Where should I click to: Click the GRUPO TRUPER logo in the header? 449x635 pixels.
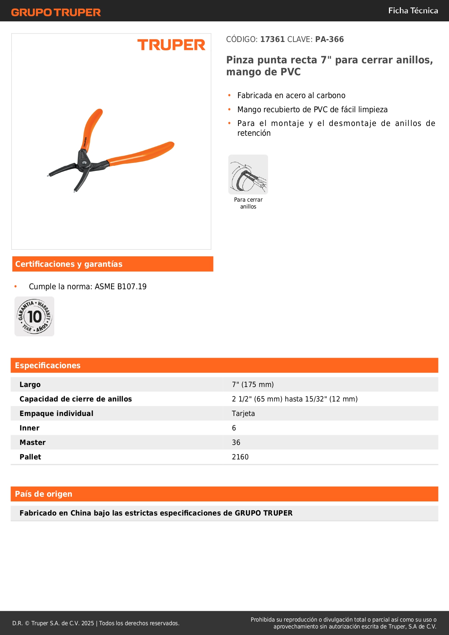tap(56, 12)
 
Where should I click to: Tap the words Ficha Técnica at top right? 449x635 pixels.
tap(413, 11)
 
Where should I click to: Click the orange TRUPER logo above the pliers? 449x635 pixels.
tap(171, 45)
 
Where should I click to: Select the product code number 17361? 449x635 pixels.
tap(272, 39)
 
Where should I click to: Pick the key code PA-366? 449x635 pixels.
tap(329, 39)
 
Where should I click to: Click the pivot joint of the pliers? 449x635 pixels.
tap(84, 163)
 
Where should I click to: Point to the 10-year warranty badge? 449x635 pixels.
tap(34, 316)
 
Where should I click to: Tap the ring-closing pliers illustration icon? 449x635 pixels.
tap(248, 174)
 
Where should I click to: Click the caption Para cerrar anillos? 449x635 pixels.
tap(248, 203)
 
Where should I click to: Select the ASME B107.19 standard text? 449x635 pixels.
tap(120, 287)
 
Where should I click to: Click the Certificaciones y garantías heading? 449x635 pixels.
tap(69, 264)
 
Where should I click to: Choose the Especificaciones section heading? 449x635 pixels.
tap(48, 366)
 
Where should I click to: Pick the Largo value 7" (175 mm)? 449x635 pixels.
tap(253, 384)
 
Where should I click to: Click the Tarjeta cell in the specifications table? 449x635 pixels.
tap(243, 413)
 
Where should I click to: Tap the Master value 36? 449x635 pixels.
tap(236, 442)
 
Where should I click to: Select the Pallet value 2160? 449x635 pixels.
tap(240, 457)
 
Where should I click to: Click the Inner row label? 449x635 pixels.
tap(29, 428)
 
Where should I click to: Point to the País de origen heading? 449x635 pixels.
tap(43, 494)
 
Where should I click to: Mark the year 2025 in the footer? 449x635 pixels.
tap(88, 623)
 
